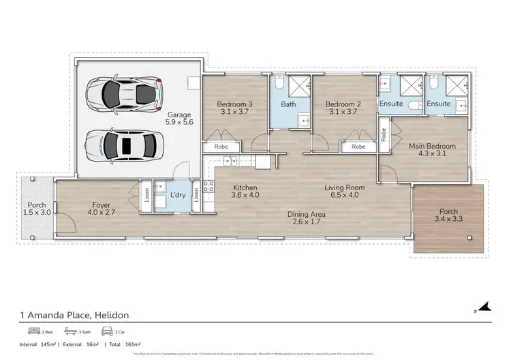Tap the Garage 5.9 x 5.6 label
tap(179, 119)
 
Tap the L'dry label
tap(177, 196)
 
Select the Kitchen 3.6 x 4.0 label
tap(244, 192)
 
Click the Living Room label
tap(344, 192)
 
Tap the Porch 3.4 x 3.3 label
tap(448, 215)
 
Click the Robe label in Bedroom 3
tap(221, 147)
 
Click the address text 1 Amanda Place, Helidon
tap(74, 315)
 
